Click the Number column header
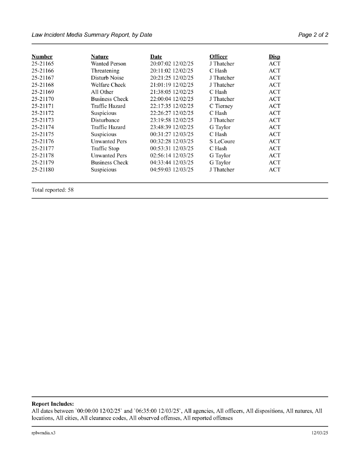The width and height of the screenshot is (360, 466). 42,57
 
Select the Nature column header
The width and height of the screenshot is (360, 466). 100,57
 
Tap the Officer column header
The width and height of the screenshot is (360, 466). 218,57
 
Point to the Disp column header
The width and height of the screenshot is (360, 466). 274,57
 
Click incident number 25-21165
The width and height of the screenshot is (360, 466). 43,64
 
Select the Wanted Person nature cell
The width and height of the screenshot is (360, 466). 108,64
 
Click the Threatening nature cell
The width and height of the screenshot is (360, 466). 105,71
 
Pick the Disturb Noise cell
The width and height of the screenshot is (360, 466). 107,78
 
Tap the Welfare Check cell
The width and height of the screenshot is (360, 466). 108,85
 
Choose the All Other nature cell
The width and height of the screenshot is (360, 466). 102,92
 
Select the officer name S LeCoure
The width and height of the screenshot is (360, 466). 222,141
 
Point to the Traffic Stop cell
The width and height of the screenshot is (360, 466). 105,149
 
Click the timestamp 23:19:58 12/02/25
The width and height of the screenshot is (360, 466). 172,120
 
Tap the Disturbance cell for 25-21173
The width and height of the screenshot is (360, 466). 105,120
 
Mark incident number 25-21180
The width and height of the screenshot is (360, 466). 43,170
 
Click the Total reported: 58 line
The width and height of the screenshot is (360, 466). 53,190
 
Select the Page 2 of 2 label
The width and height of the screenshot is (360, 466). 313,35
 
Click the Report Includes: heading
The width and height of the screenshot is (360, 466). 53,404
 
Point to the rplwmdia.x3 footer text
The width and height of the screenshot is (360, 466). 44,433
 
